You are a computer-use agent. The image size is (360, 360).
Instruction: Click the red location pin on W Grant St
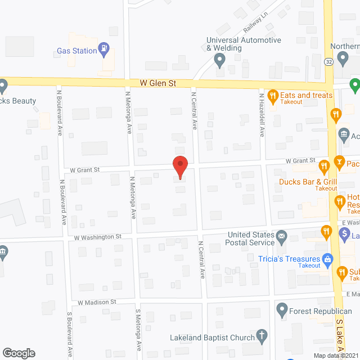tap(179, 166)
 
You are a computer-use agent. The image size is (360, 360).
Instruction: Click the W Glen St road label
tap(158, 83)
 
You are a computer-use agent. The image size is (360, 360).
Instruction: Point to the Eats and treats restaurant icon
tap(273, 95)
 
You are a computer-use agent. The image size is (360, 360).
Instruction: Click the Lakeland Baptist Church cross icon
tap(261, 338)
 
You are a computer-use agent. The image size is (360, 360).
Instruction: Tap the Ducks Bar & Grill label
tap(308, 182)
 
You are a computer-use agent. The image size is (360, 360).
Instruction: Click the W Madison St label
tap(97, 302)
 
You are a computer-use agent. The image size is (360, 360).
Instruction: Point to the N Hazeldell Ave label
tap(262, 115)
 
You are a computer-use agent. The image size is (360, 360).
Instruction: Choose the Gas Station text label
tap(77, 51)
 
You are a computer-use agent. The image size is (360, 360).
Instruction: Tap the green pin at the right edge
tap(354, 85)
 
